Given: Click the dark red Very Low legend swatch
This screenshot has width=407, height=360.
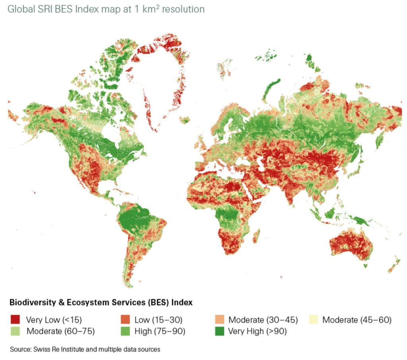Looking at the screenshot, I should pyautogui.click(x=15, y=319).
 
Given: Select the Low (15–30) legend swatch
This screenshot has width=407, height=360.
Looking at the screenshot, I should pyautogui.click(x=124, y=319).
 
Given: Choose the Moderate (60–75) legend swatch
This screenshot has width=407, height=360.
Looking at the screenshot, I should pyautogui.click(x=15, y=330).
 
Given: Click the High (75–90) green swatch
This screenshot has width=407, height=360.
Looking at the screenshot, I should pyautogui.click(x=124, y=330).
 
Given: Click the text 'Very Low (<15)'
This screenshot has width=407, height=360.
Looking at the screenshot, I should pyautogui.click(x=53, y=319).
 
